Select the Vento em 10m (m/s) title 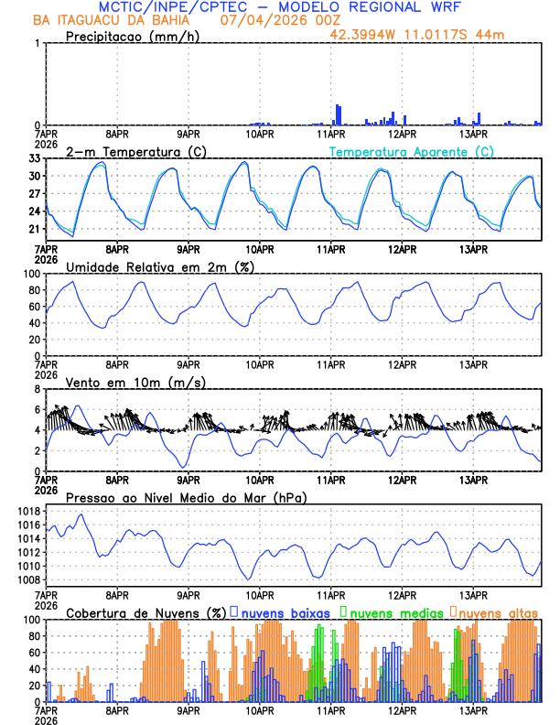click(x=135, y=382)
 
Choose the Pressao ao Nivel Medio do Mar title click(x=187, y=497)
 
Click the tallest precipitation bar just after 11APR click(x=338, y=115)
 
